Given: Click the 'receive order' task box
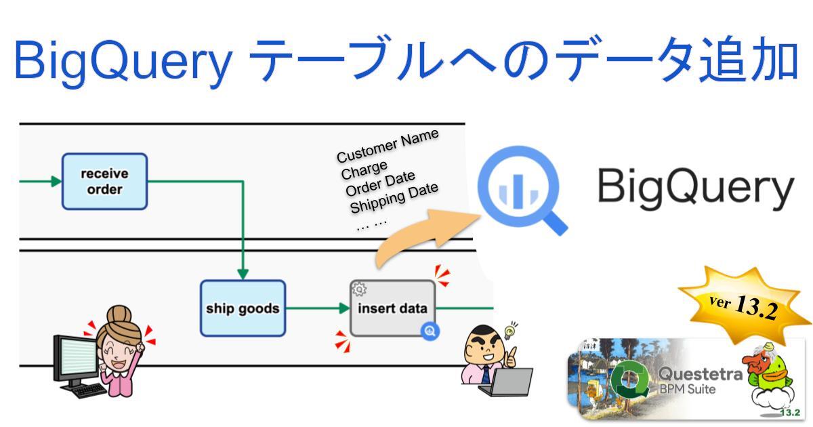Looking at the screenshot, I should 104,181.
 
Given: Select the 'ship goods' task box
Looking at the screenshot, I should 243,308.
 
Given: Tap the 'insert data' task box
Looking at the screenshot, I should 392,308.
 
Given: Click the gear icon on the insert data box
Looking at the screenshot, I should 359,289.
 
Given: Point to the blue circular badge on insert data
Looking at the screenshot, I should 430,331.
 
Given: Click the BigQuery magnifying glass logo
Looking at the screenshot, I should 518,189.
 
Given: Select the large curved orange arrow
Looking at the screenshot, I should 420,234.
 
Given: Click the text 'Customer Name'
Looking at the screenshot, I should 388,145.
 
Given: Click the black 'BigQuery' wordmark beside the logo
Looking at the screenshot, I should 695,186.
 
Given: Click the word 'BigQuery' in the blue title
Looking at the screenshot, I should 122,61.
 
